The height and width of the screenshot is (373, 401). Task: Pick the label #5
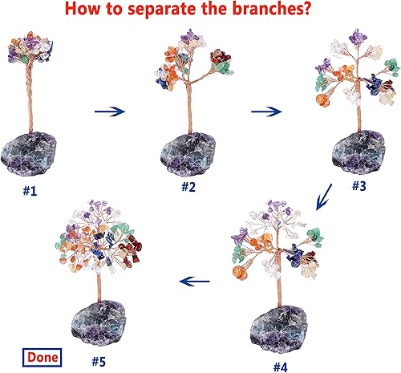pyautogui.click(x=99, y=361)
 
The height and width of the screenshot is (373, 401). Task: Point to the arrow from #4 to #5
pyautogui.click(x=198, y=282)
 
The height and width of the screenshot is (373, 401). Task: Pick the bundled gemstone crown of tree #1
pyautogui.click(x=30, y=51)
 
